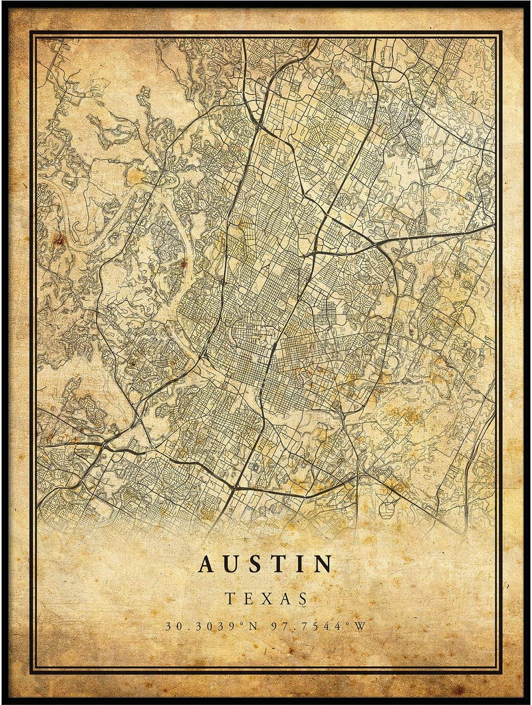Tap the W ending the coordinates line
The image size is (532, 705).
point(361,627)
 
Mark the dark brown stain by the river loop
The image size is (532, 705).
point(60,241)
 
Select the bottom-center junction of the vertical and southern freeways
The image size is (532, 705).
point(235,488)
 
